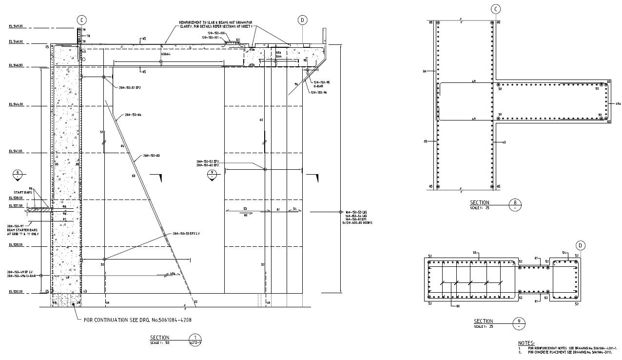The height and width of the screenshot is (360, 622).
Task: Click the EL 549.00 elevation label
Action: [16, 26]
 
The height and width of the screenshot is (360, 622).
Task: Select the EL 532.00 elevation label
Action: [16, 292]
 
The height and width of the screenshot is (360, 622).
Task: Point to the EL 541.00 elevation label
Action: [16, 151]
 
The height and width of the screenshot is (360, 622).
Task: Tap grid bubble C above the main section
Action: [81, 20]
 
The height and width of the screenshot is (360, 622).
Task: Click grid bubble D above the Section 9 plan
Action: [580, 245]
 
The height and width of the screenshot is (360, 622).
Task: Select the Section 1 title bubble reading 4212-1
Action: [195, 340]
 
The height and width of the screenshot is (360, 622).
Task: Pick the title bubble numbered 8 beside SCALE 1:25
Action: [514, 204]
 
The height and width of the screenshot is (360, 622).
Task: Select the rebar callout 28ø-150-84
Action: [133, 115]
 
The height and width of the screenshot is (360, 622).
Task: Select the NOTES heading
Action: [526, 343]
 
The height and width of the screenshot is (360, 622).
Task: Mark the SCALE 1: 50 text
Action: [159, 343]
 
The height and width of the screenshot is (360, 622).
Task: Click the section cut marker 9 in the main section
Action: [212, 174]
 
